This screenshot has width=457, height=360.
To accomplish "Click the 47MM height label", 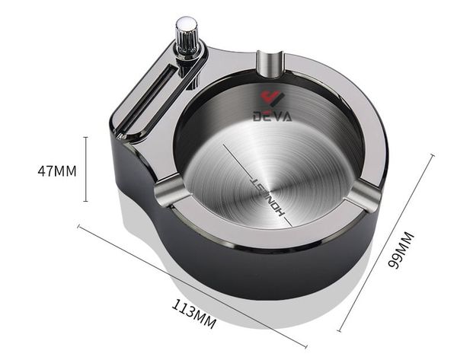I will tap(57, 171).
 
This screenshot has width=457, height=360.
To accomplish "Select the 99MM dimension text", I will tap(402, 250).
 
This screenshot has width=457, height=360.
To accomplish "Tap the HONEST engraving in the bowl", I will tap(268, 196).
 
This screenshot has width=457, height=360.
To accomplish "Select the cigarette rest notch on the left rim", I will tap(169, 190).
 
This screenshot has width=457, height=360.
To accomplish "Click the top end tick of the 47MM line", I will tap(86, 138).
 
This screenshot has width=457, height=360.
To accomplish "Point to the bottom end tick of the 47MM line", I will tap(86, 202).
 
